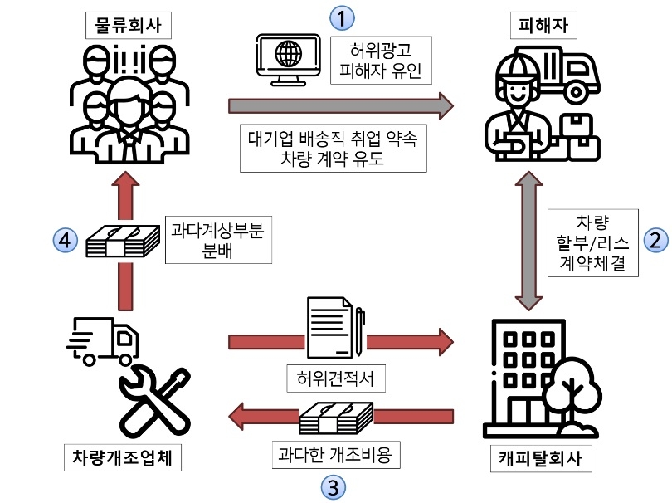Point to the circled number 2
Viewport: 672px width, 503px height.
[x=655, y=241]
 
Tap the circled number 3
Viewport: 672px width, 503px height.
[x=333, y=486]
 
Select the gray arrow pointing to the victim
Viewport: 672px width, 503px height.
[x=340, y=105]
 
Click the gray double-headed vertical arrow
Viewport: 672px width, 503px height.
[x=528, y=241]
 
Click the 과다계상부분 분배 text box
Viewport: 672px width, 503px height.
[x=217, y=241]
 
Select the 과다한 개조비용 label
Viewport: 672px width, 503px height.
[x=336, y=455]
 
